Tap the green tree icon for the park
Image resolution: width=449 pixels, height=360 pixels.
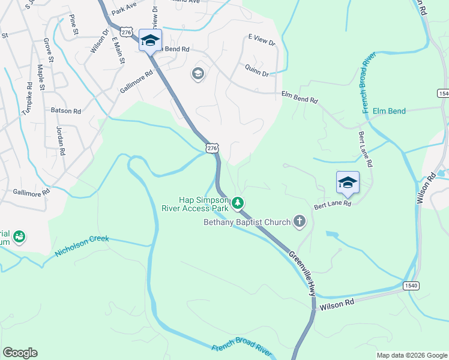pos(238,203)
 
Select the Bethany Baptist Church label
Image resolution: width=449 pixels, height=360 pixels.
pos(246,223)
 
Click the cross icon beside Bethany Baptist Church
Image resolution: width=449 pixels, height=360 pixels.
pos(300,222)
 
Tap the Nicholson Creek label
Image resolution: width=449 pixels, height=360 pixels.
pos(82,246)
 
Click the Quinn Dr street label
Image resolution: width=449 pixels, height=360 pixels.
pos(257,71)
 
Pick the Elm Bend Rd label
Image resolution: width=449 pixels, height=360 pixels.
pos(300,97)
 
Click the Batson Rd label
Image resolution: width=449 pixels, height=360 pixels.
pos(65,111)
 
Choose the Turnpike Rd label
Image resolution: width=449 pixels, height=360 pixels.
pos(26,100)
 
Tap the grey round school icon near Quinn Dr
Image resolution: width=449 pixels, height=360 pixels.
pos(197,74)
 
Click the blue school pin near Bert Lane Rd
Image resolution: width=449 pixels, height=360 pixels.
pos(348,182)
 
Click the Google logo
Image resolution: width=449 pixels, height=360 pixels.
pos(20,353)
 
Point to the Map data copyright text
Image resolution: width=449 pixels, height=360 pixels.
pos(412,355)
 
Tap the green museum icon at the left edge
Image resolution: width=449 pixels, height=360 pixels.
pos(19,237)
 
